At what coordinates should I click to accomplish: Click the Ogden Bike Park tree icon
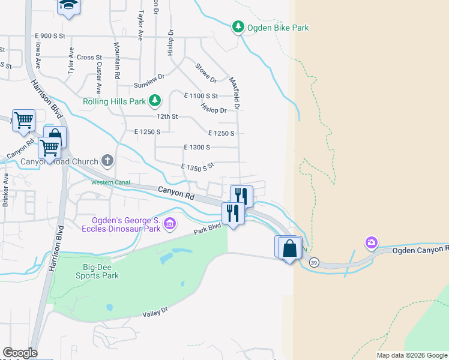click(238, 27)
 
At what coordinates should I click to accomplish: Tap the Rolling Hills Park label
click(114, 101)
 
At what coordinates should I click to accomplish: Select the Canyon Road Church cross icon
click(107, 160)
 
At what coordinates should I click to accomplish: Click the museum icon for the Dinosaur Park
click(170, 224)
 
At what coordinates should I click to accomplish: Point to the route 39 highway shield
click(313, 262)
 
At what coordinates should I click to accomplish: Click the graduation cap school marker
click(68, 5)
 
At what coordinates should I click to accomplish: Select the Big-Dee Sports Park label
click(97, 272)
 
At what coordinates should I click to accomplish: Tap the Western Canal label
click(111, 182)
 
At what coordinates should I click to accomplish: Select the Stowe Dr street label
click(206, 73)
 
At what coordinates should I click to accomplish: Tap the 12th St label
click(167, 116)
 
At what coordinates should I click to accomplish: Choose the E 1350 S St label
click(197, 166)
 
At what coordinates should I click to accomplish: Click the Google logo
click(20, 353)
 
